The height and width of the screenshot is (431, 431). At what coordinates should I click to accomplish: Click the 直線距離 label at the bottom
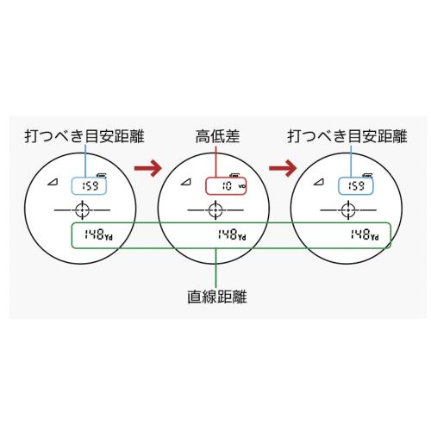217,297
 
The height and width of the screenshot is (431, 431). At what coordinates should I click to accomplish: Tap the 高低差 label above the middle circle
217,136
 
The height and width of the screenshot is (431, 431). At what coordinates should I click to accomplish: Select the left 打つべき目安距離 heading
84,136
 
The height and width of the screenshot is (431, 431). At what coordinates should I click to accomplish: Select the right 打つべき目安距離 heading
347,136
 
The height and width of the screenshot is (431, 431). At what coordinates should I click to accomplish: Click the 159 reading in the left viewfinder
91,186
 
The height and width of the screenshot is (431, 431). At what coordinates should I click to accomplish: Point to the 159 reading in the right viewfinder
356,186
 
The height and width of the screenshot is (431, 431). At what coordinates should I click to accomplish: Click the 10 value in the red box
227,186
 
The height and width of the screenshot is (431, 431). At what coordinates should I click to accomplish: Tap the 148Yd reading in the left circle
98,234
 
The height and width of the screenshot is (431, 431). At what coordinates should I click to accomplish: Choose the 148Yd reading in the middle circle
232,234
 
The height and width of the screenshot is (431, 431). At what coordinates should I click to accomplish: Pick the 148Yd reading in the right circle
365,234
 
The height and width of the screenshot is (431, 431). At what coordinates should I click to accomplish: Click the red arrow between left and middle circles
148,168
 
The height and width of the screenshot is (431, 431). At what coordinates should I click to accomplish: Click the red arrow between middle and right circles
283,168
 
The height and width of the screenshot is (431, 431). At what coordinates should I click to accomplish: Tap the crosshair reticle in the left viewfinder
82,210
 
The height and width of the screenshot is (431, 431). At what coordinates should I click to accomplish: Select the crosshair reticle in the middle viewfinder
215,210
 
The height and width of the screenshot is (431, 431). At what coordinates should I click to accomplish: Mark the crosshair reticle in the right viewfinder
348,210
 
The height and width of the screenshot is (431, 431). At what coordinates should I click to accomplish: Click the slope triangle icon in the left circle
53,182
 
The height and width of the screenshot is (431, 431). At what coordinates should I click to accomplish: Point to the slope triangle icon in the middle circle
186,182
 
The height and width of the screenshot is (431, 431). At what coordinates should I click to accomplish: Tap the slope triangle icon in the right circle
319,182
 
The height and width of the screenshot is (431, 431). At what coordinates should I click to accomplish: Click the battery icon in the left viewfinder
102,175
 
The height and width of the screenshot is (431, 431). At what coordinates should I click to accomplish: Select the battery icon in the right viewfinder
368,175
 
